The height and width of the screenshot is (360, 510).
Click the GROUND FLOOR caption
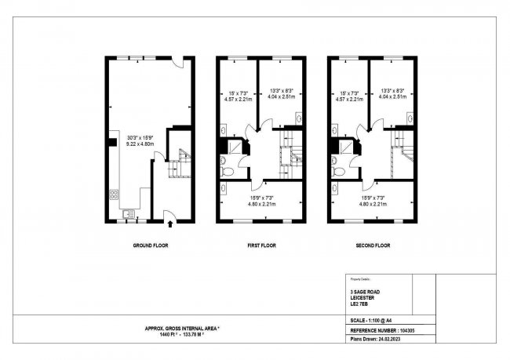pos(150,245)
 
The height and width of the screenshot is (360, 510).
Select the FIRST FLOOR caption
pos(261,245)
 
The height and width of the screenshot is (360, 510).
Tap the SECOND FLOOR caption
pos(372,245)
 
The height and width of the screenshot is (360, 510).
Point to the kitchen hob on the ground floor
pos(115,195)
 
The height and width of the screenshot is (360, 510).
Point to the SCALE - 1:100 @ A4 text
pos(377,321)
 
